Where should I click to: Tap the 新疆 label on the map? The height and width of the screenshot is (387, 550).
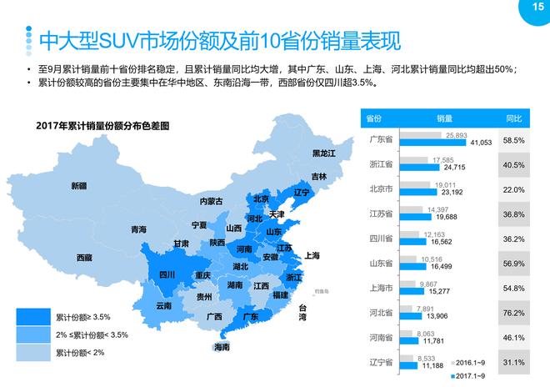(x=78, y=185)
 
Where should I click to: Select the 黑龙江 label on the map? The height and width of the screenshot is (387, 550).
(x=323, y=153)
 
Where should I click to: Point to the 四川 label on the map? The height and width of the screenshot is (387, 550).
(x=167, y=274)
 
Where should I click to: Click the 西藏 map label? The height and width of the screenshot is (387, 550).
(x=84, y=258)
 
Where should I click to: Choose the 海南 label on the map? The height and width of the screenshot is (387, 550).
(x=221, y=346)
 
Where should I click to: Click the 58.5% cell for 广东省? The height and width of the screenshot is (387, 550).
(x=514, y=140)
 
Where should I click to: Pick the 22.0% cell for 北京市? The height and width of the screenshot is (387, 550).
(x=514, y=189)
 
